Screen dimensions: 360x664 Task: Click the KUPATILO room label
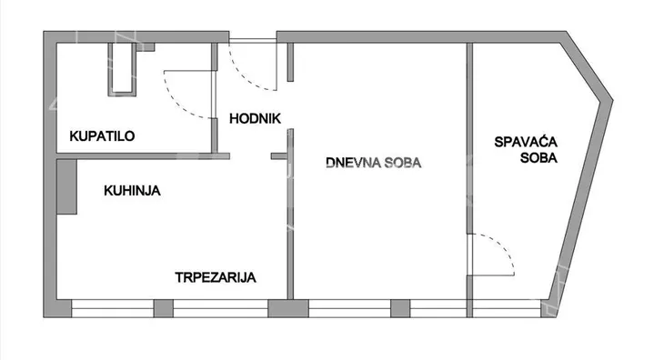pyautogui.click(x=103, y=136)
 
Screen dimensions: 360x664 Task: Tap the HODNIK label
pyautogui.click(x=255, y=118)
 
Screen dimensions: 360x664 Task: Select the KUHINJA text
pyautogui.click(x=132, y=191)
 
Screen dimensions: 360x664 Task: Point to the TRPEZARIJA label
pyautogui.click(x=216, y=278)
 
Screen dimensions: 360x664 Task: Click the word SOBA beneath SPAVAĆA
pyautogui.click(x=527, y=157)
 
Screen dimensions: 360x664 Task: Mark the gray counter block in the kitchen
pyautogui.click(x=66, y=187)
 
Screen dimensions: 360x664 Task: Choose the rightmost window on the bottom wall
pyautogui.click(x=509, y=309)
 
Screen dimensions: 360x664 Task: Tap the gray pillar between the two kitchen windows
pyautogui.click(x=163, y=309)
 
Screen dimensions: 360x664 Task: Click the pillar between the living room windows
pyautogui.click(x=399, y=309)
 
